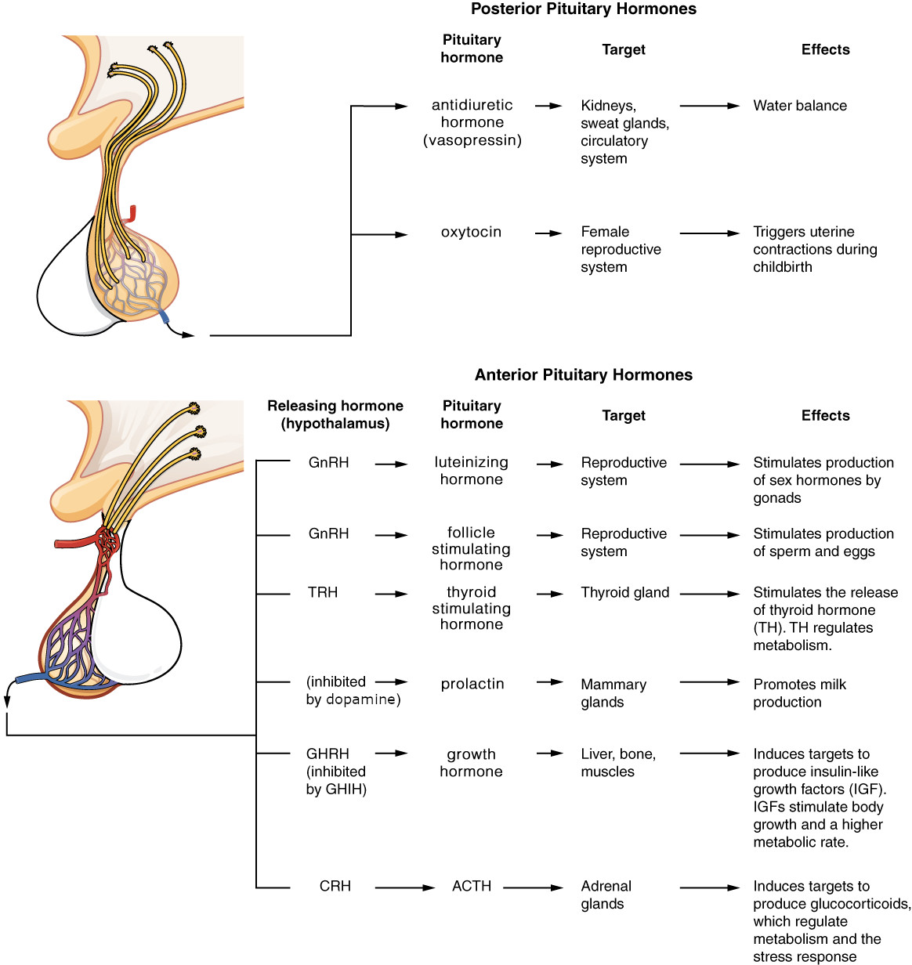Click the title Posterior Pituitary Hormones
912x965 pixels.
tap(584, 9)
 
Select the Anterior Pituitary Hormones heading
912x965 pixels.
tap(584, 374)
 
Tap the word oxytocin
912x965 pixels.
tap(471, 233)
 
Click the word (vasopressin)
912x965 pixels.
tap(472, 140)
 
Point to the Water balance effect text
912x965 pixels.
tap(800, 106)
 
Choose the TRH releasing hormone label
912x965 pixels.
tap(322, 592)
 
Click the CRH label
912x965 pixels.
tap(335, 886)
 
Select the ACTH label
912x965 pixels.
tap(472, 886)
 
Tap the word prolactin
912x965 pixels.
tap(472, 684)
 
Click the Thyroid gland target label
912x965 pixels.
tap(624, 593)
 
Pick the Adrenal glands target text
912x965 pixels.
tap(606, 895)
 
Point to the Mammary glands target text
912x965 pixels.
tap(613, 693)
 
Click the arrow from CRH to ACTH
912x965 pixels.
tap(405, 887)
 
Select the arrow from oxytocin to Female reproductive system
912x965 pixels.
tap(548, 233)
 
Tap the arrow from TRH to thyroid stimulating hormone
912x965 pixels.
tap(391, 594)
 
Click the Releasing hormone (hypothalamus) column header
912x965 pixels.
tap(335, 414)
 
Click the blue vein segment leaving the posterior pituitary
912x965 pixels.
tap(165, 316)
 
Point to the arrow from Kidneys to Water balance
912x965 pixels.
tap(710, 106)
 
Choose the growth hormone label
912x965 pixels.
tap(471, 762)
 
